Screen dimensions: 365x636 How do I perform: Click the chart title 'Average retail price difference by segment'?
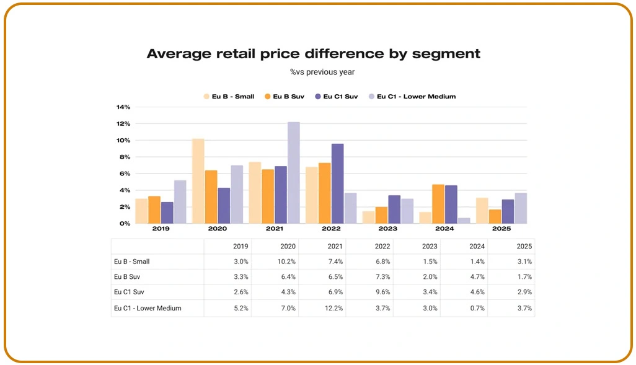pyautogui.click(x=313, y=54)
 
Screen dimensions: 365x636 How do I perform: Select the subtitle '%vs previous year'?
pyautogui.click(x=322, y=72)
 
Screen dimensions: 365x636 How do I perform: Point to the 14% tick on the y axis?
pyautogui.click(x=123, y=107)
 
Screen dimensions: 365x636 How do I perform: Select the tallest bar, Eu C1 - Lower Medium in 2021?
pyautogui.click(x=293, y=172)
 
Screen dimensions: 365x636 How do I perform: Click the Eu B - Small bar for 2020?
pyautogui.click(x=198, y=181)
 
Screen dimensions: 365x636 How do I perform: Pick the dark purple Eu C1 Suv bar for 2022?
pyautogui.click(x=337, y=183)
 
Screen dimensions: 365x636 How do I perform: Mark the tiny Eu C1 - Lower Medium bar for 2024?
pyautogui.click(x=464, y=221)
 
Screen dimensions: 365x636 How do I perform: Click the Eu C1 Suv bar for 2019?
pyautogui.click(x=167, y=213)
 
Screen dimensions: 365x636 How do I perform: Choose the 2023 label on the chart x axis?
pyautogui.click(x=388, y=228)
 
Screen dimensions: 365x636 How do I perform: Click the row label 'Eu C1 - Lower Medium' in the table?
pyautogui.click(x=148, y=308)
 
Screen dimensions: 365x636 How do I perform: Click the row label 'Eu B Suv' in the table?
pyautogui.click(x=128, y=277)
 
